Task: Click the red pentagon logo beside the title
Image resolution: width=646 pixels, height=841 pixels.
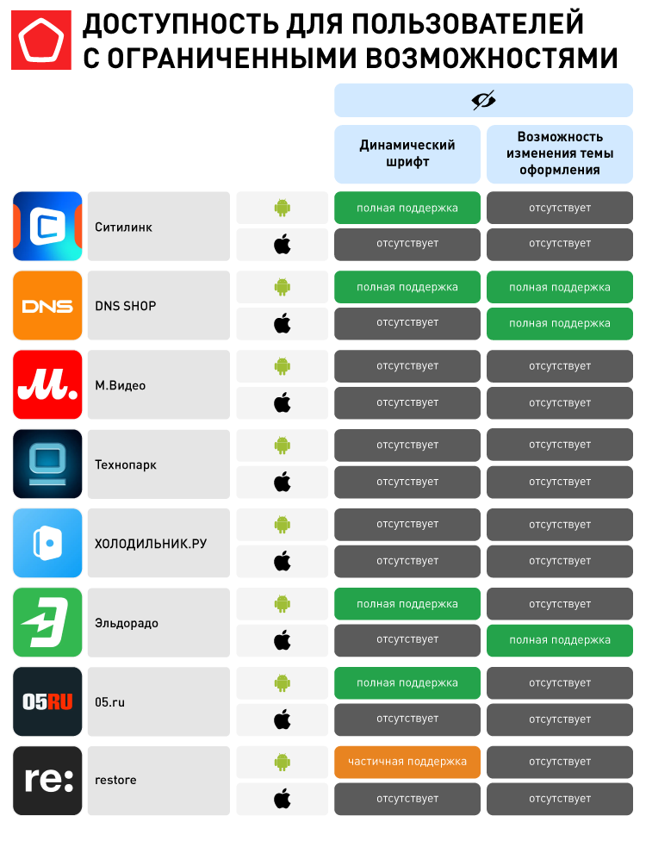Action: tap(41, 40)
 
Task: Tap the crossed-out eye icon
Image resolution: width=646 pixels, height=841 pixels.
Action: tap(483, 101)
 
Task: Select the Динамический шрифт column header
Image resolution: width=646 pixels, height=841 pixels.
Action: tap(407, 153)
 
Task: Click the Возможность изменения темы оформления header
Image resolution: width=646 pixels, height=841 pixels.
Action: tap(560, 153)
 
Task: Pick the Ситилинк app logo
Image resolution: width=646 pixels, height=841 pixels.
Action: tap(47, 227)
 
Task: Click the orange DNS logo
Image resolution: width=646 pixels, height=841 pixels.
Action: tap(47, 306)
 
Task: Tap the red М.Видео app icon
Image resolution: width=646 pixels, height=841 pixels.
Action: tap(47, 385)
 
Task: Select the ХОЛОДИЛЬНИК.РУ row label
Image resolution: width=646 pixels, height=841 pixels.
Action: tap(151, 544)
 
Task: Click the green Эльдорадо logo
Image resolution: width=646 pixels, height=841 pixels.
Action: tap(47, 622)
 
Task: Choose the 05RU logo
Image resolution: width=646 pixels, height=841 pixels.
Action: tap(47, 701)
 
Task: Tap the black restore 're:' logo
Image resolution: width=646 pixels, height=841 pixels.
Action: tap(47, 781)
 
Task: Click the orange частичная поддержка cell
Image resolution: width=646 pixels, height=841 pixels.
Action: tap(407, 762)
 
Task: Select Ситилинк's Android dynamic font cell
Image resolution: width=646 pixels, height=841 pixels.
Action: tap(407, 208)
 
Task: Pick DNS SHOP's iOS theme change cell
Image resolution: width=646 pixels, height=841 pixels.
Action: tap(560, 323)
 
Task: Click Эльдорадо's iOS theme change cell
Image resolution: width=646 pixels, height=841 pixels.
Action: tap(560, 640)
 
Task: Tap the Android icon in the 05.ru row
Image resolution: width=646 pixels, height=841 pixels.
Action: tap(283, 683)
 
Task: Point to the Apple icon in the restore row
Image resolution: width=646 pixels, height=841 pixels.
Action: tap(283, 799)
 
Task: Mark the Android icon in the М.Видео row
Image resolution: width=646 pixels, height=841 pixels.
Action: tap(283, 366)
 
